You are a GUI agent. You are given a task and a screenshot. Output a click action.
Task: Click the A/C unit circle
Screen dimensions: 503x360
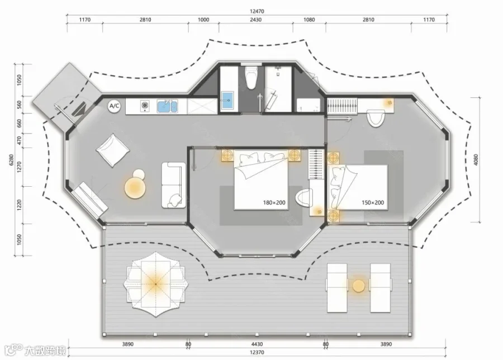(x=115, y=106)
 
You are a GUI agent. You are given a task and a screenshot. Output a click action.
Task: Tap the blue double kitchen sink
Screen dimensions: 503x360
(x=167, y=106)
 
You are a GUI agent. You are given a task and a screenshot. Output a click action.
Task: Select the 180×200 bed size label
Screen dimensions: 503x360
(x=274, y=202)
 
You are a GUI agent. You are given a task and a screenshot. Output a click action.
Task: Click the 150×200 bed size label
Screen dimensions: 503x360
(x=373, y=202)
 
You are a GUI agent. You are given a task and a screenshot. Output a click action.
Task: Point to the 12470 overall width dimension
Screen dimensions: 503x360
(x=257, y=11)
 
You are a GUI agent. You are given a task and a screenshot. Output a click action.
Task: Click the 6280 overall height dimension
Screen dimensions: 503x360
(x=11, y=160)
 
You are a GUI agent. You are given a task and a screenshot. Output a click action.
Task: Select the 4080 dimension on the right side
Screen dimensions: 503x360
(x=476, y=160)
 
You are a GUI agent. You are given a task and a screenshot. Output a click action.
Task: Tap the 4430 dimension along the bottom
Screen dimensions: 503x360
(x=257, y=344)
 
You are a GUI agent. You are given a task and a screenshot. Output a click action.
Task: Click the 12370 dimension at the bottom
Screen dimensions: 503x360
(x=257, y=352)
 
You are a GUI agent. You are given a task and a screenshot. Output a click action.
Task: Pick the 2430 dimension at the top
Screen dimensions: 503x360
(x=255, y=20)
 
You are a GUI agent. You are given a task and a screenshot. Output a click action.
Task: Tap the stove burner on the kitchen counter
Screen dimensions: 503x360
(x=145, y=105)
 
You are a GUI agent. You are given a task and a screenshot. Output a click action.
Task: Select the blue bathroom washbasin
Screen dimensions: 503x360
(x=228, y=100)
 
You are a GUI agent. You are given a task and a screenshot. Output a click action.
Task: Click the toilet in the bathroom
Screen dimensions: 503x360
(x=251, y=77)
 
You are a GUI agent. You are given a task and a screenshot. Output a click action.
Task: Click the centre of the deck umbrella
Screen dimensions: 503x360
(x=155, y=285)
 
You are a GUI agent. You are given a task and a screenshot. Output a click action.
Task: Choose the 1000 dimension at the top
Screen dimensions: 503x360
(x=203, y=20)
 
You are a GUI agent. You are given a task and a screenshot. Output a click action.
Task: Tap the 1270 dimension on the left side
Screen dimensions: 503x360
(x=19, y=167)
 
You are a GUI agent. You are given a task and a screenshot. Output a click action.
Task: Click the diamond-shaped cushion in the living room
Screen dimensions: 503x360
(x=112, y=150)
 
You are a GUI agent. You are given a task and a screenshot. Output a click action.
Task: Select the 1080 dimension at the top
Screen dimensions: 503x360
(x=309, y=20)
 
